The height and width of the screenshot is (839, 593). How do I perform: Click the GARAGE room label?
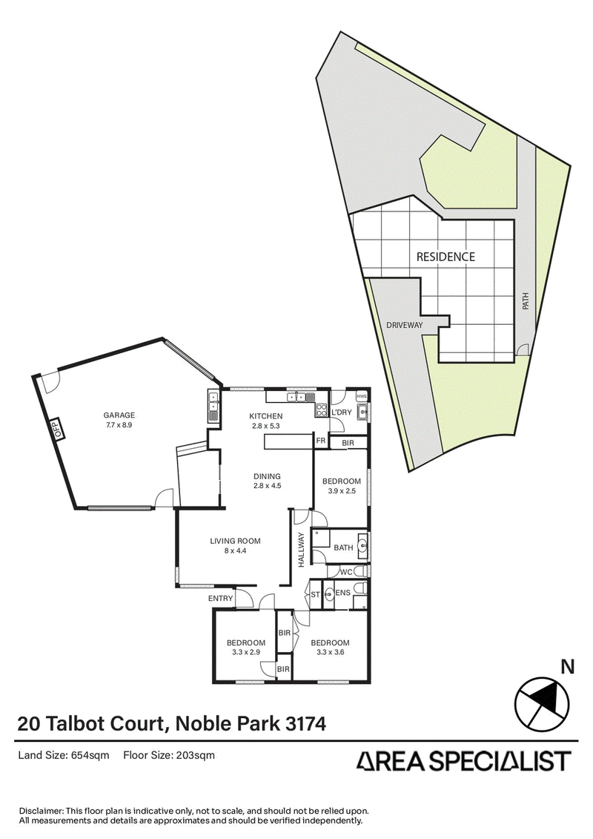click(x=119, y=415)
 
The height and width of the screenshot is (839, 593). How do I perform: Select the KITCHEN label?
click(x=266, y=416)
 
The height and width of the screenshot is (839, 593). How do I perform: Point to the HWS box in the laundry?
click(x=362, y=396)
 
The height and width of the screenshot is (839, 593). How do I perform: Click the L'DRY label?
click(x=342, y=412)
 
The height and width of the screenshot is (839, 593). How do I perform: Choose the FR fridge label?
click(x=321, y=441)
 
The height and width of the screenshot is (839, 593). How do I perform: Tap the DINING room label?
click(x=268, y=476)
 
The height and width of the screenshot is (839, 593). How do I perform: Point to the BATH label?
click(x=343, y=547)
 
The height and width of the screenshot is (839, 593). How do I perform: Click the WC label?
click(x=346, y=572)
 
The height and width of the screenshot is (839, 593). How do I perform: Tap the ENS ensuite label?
click(x=342, y=593)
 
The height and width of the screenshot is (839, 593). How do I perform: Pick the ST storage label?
click(x=315, y=595)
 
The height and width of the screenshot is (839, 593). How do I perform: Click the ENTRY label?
click(x=220, y=599)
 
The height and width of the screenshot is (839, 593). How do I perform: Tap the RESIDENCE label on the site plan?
click(x=445, y=257)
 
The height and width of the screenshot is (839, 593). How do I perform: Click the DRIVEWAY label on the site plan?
click(x=404, y=325)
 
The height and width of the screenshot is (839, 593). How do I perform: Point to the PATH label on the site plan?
click(x=525, y=300)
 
